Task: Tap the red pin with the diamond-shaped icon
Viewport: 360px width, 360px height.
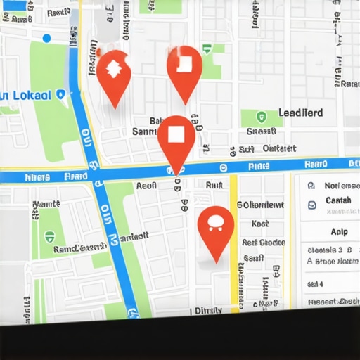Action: coord(112,70)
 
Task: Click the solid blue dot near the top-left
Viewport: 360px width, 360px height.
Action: coord(47,38)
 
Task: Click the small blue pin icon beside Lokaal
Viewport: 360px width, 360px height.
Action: coord(60,94)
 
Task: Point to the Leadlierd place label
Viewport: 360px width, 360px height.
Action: coord(301,112)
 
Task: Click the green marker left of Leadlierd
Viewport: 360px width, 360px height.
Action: coord(262,117)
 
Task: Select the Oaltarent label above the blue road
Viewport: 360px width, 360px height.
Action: coord(279,148)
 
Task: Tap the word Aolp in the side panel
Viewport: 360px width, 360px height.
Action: coord(338,231)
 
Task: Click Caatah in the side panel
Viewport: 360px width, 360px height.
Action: coord(338,201)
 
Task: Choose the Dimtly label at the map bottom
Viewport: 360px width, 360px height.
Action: coord(209,309)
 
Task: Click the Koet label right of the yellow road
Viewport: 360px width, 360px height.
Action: coord(260,224)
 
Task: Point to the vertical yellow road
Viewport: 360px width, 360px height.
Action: coord(233,239)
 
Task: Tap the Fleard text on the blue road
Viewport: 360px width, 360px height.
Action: coord(76,178)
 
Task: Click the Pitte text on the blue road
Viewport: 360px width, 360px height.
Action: coord(259,167)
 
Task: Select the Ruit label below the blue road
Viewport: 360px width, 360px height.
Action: coord(214,185)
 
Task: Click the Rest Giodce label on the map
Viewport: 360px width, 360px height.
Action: coord(263,243)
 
